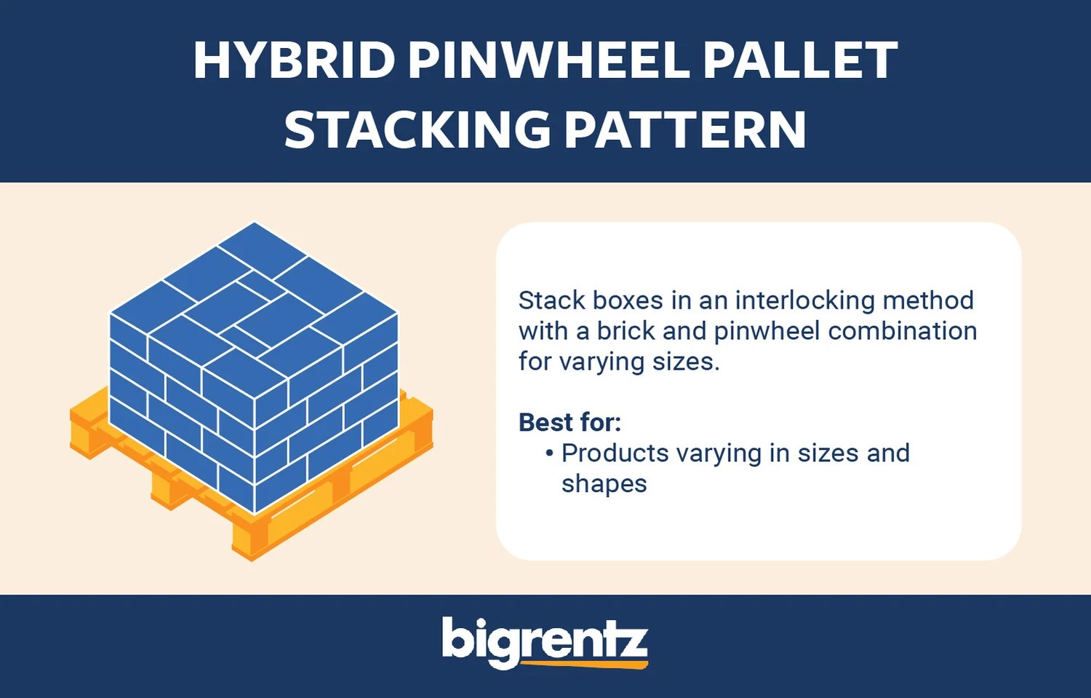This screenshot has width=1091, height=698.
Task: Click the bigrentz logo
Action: point(544,641)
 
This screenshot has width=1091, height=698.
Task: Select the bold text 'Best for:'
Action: point(570,422)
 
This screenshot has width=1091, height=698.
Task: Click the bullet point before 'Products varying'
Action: point(549,453)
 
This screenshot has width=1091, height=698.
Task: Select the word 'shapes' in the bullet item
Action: point(604,484)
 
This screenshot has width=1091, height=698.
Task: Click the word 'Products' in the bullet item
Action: point(615,453)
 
